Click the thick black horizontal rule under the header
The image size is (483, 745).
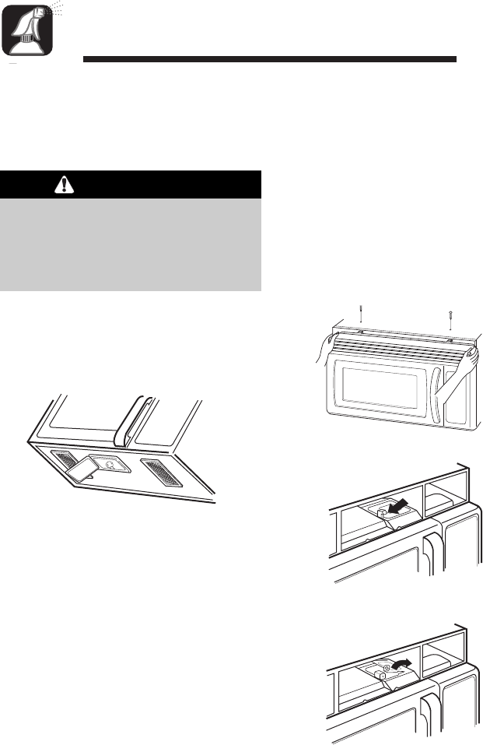coord(268,59)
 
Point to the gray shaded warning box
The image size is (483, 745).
coord(131,244)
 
